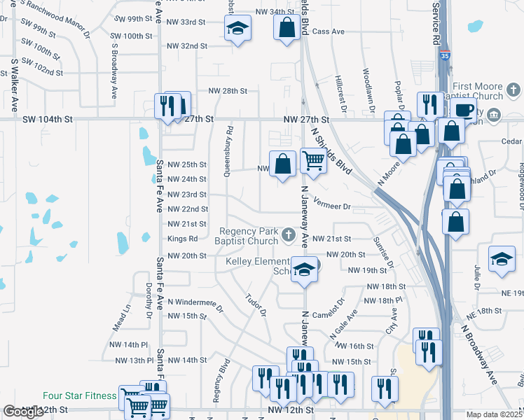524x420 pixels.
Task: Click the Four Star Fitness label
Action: [79, 396]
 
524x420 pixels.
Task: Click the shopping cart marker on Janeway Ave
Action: [313, 161]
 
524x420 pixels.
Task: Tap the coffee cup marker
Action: [463, 109]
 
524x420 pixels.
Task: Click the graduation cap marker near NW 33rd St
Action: [237, 29]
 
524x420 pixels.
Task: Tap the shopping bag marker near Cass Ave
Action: [287, 29]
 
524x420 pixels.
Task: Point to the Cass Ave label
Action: [329, 31]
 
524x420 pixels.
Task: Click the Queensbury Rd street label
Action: [228, 151]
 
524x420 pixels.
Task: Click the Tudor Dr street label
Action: [256, 304]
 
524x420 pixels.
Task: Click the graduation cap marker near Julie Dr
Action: [502, 259]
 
